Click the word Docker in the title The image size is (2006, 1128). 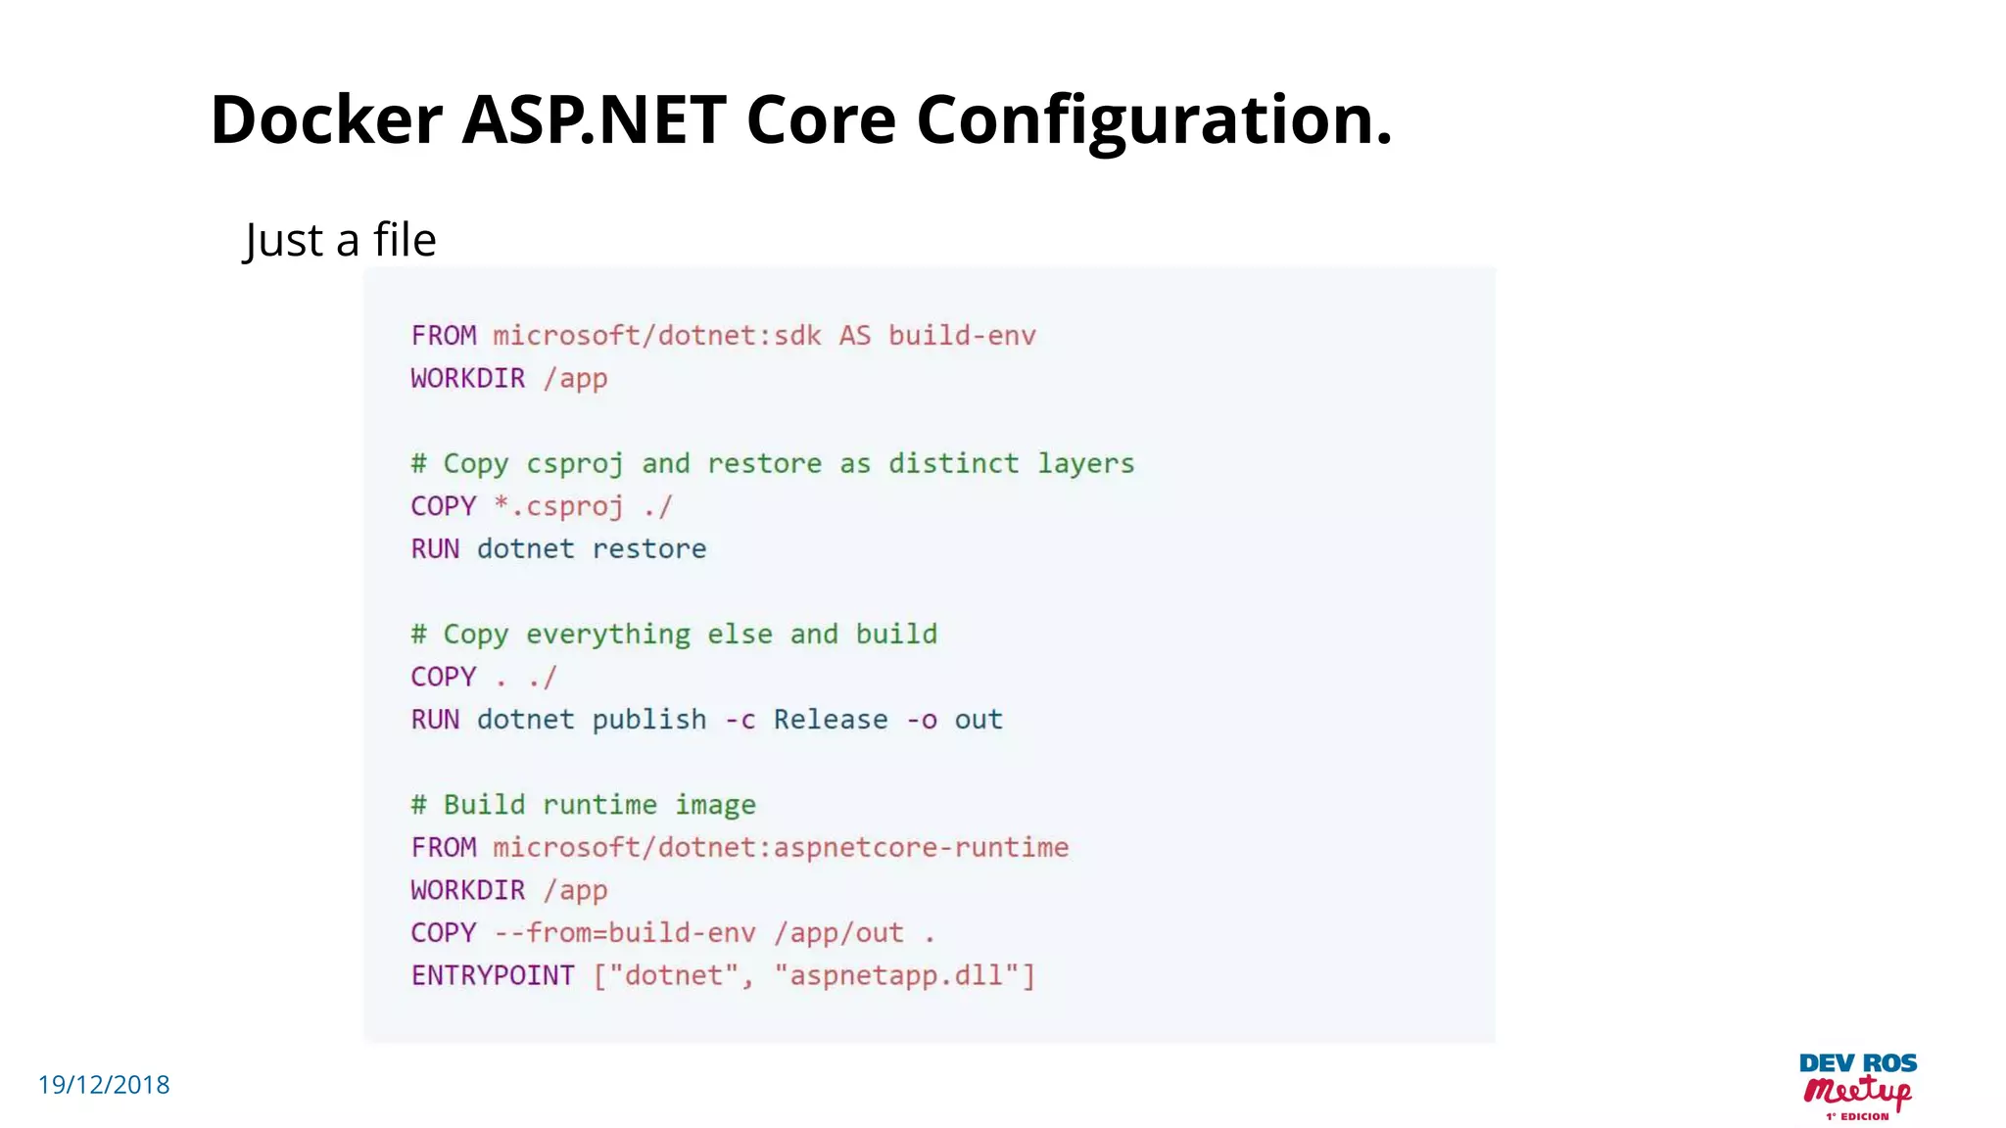[326, 119]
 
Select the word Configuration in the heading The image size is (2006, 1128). [1153, 119]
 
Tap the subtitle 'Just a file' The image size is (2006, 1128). [340, 240]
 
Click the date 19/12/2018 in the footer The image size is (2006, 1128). [104, 1085]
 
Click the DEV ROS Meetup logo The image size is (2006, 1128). [1858, 1086]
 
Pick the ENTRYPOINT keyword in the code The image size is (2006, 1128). [493, 975]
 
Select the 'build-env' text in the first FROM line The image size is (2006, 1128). [962, 336]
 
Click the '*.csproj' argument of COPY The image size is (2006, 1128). [558, 506]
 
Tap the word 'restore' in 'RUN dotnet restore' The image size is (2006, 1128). [648, 549]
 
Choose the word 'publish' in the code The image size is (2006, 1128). [648, 720]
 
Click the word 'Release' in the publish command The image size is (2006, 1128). [831, 720]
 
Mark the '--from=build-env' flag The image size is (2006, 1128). [625, 933]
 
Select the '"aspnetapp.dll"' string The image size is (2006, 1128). [903, 975]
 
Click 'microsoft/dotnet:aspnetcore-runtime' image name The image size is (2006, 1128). [781, 848]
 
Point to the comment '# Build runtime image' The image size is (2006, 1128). [584, 805]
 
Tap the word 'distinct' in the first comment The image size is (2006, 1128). [953, 464]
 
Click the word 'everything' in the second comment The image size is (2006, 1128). [607, 634]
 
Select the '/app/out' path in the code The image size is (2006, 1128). [838, 933]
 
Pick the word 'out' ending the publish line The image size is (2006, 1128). [979, 720]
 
